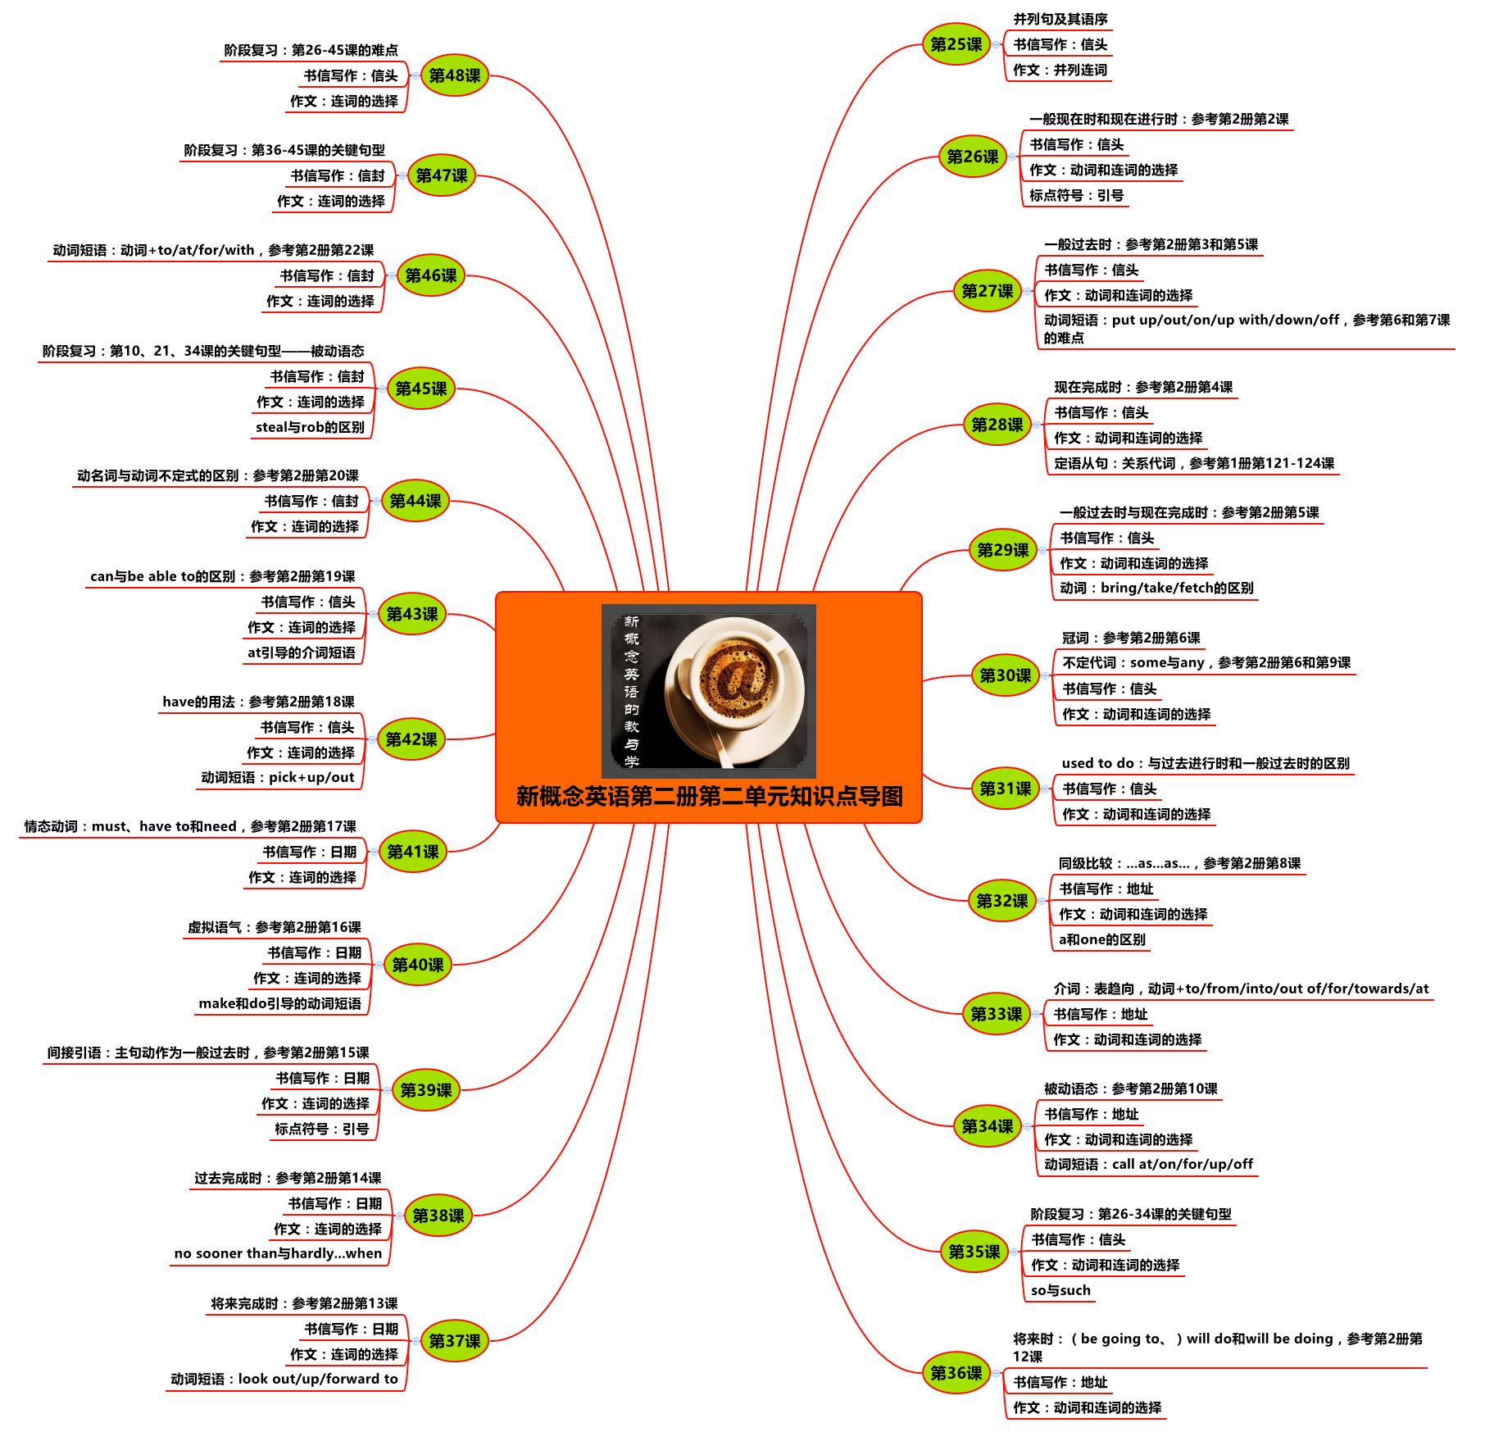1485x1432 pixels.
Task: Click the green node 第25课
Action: click(956, 44)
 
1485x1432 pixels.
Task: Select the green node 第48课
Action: click(455, 75)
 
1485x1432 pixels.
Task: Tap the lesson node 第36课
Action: click(956, 1373)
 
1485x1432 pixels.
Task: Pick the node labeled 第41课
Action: click(413, 852)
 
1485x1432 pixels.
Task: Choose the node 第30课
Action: click(1006, 675)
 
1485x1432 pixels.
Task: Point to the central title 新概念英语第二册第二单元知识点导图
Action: click(709, 796)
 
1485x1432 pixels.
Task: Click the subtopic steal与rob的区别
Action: click(310, 427)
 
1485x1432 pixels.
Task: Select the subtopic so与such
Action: click(1060, 1290)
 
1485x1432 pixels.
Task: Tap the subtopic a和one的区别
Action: click(1101, 939)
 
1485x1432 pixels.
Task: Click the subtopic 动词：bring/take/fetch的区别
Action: click(1156, 588)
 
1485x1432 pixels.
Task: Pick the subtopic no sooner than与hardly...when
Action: click(278, 1253)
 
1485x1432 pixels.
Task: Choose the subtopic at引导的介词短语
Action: click(302, 652)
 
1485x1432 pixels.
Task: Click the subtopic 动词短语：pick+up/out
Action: click(278, 777)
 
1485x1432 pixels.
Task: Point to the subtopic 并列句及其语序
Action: click(1060, 19)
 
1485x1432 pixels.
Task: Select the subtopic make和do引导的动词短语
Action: click(279, 1003)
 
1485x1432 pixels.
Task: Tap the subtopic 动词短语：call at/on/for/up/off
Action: click(1148, 1164)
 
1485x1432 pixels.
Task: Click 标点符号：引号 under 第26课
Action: click(1076, 195)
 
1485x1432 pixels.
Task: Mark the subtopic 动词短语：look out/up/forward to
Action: click(284, 1379)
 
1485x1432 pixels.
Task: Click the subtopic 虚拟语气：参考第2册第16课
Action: click(275, 927)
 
